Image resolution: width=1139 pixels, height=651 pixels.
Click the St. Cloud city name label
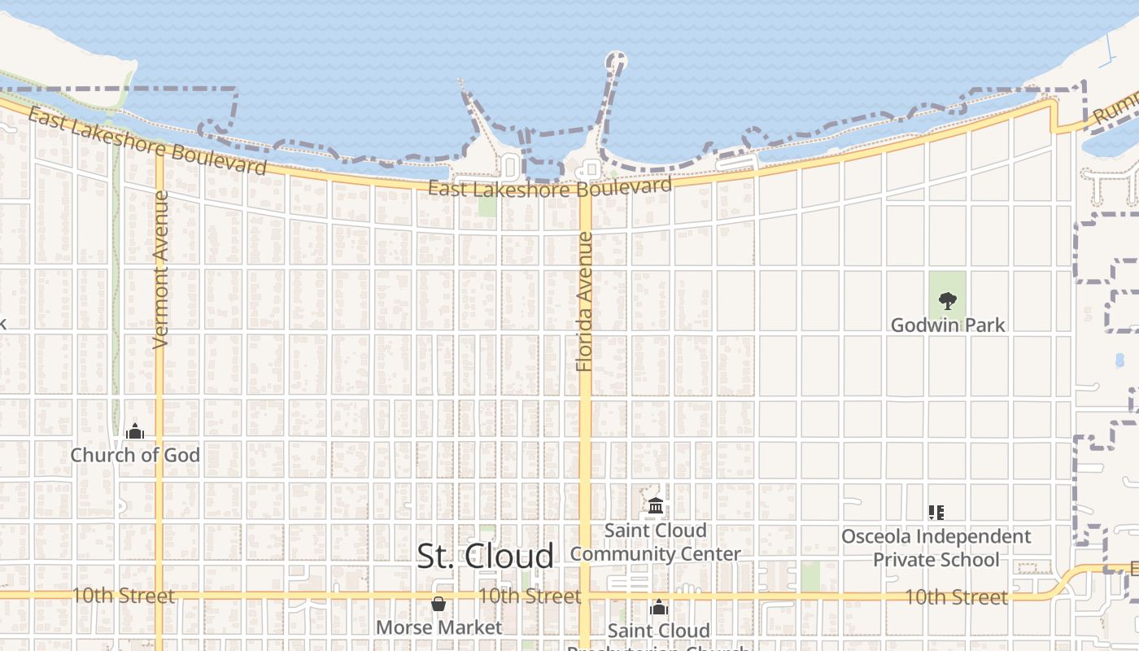485,557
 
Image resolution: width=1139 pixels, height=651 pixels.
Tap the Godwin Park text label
948,325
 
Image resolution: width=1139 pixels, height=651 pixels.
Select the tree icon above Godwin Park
947,301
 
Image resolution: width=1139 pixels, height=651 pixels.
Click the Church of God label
135,455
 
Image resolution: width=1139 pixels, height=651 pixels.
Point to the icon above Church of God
135,431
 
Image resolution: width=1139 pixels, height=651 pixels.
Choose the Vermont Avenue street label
160,269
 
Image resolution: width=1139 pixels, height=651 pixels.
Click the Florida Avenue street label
584,301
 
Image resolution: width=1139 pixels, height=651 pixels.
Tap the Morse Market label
439,627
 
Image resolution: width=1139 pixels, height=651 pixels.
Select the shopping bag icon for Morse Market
439,604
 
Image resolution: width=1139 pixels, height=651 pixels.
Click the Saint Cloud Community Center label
655,543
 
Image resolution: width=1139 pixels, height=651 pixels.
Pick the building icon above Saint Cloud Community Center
656,507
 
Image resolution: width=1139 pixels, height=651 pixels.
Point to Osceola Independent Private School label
936,548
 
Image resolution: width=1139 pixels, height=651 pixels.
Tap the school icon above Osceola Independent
936,513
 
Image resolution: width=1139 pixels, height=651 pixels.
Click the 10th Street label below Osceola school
956,597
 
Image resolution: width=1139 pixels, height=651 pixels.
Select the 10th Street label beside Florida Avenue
529,596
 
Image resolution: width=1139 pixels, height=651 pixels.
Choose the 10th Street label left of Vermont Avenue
123,596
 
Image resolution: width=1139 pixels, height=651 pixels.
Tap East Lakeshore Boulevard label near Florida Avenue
550,188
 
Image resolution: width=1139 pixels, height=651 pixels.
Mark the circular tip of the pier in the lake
617,60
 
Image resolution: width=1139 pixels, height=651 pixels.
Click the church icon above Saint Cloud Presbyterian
659,607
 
